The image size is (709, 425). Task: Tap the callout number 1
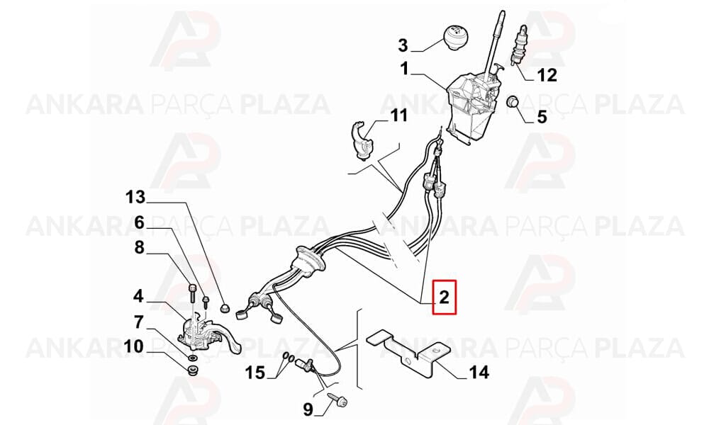point(404,69)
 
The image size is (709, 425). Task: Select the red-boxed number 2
point(445,297)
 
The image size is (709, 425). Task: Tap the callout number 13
point(135,198)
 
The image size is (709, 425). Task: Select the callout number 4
point(138,296)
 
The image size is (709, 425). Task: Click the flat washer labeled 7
point(191,358)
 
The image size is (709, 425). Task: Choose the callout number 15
point(255,373)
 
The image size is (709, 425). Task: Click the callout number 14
point(479,373)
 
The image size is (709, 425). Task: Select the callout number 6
point(139,222)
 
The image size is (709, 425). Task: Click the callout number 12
point(547,75)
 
